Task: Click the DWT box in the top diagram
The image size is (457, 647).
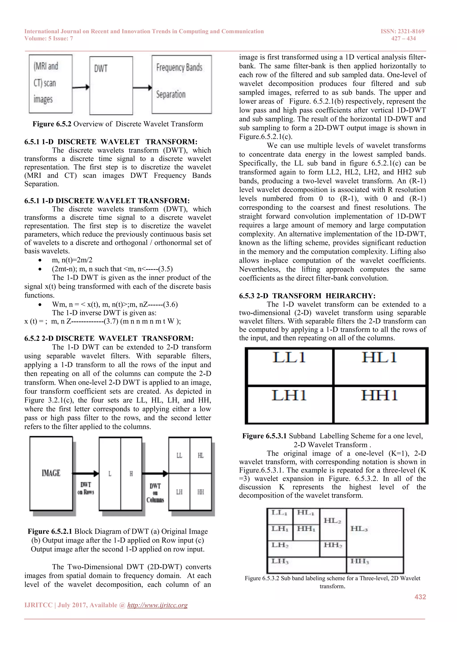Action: coord(111,85)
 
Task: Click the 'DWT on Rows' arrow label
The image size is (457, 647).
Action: coord(86,488)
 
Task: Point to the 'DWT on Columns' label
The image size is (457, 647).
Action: coord(155,493)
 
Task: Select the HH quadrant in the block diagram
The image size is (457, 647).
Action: coord(201,492)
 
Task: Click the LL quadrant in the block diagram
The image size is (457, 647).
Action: coord(179,455)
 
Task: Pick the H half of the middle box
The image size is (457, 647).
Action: coord(131,474)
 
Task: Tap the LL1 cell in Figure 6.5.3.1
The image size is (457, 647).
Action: coord(289,366)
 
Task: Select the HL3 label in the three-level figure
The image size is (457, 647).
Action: coord(359,529)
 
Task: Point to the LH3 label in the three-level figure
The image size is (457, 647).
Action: coord(280,561)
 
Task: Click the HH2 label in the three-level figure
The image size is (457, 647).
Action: coord(333,545)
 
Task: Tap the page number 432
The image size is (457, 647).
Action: coord(420,597)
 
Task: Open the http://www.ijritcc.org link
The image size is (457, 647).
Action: coord(157,605)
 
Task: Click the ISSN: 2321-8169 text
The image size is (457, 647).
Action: coord(402,31)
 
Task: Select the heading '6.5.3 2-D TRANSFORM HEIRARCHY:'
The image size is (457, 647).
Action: coord(307,296)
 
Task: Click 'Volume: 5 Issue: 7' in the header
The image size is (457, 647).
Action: coord(49,39)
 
